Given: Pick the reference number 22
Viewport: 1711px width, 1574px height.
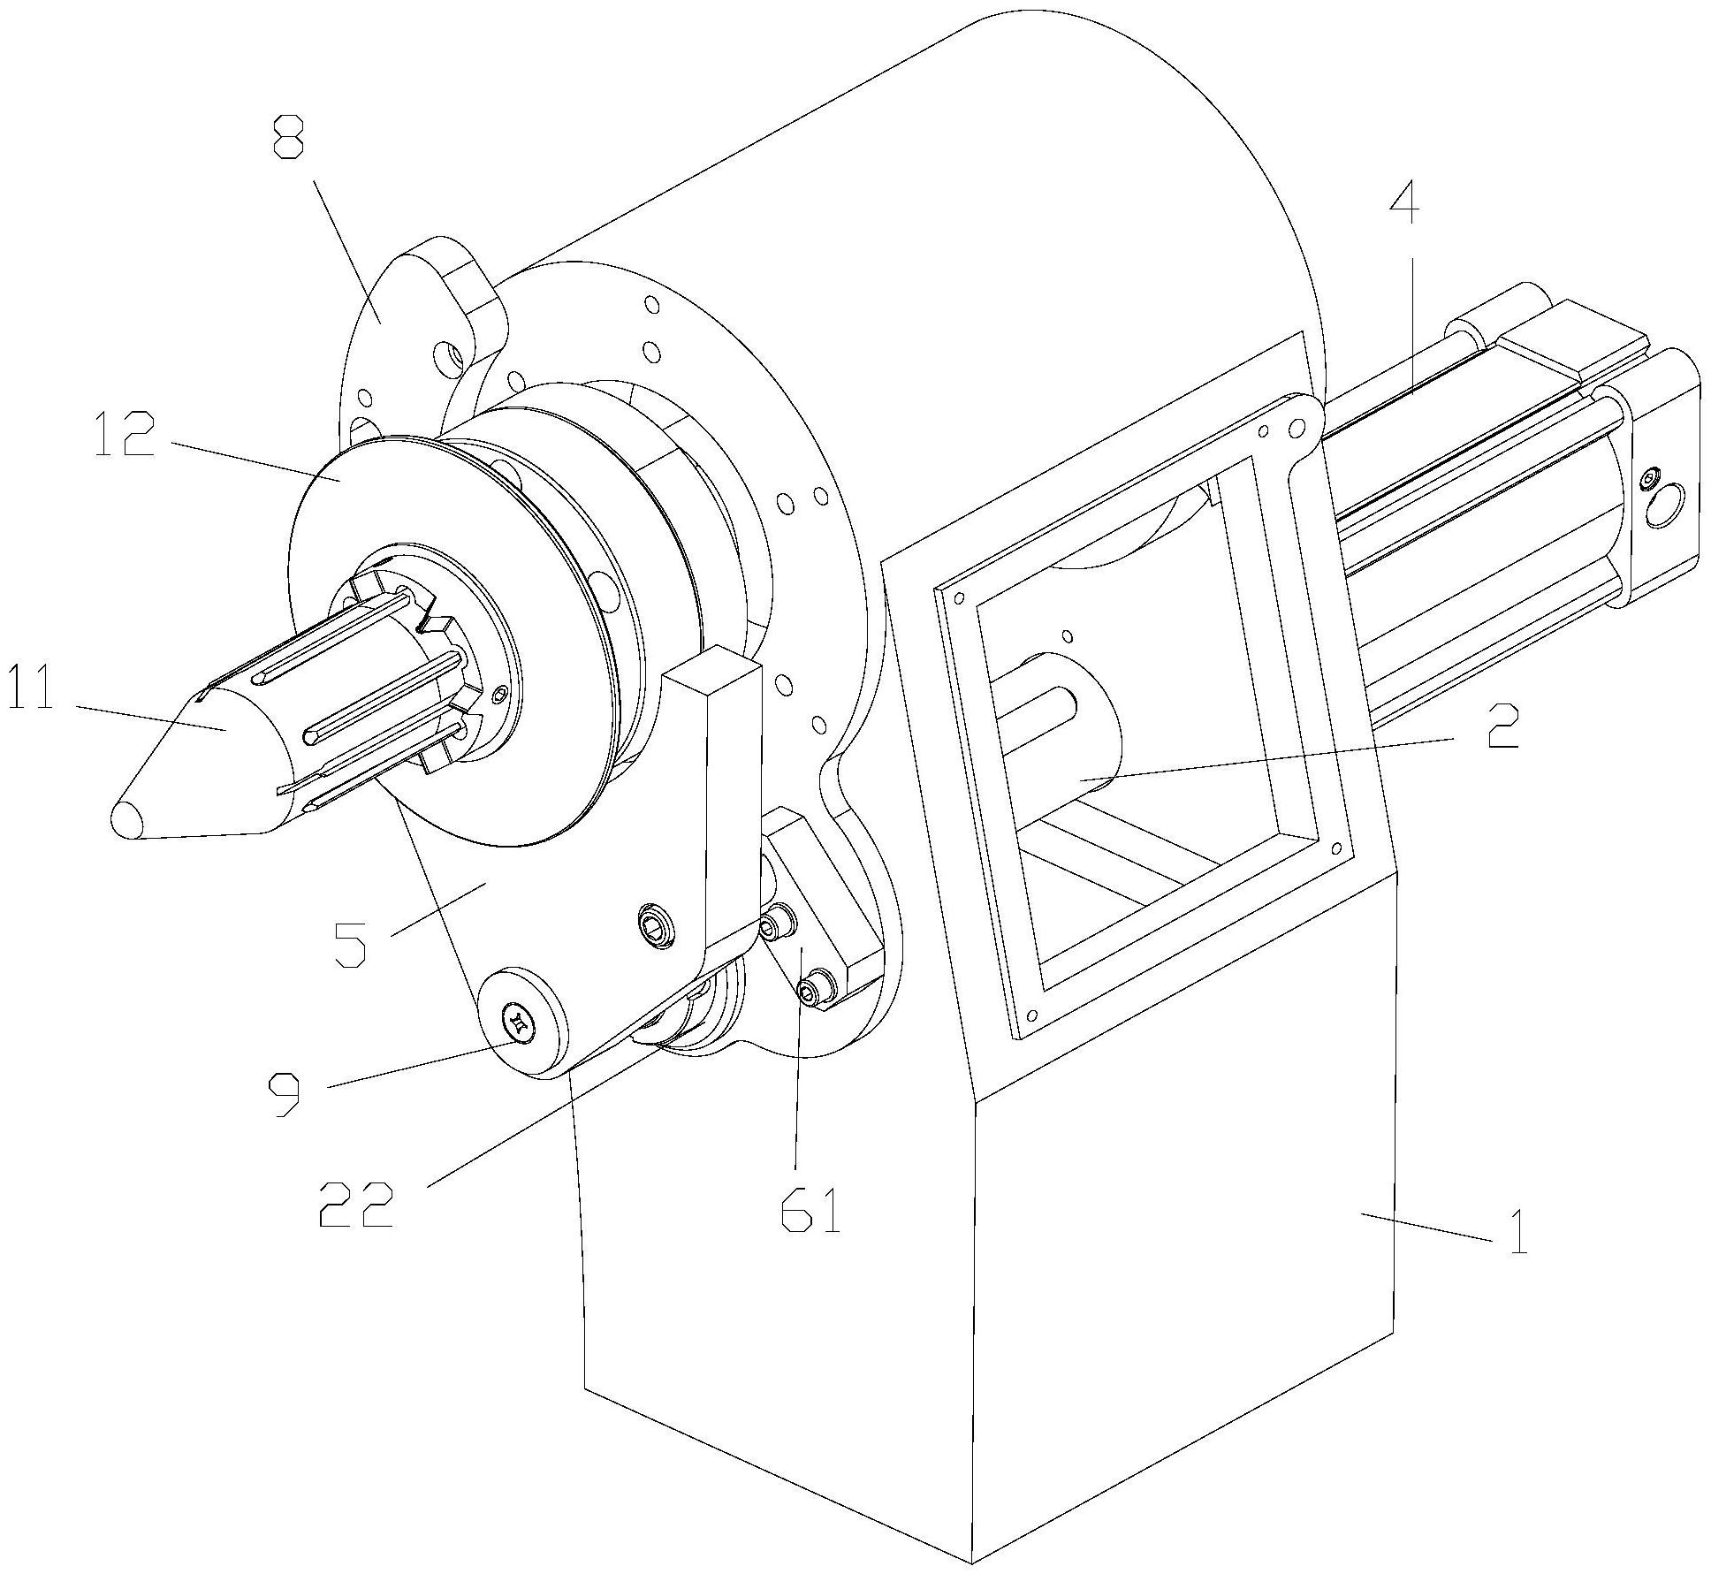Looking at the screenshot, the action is pyautogui.click(x=355, y=1204).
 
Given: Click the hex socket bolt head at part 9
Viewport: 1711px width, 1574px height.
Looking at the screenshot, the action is pyautogui.click(x=520, y=1025).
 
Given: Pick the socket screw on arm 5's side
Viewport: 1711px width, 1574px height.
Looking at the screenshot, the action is pyautogui.click(x=655, y=924).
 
